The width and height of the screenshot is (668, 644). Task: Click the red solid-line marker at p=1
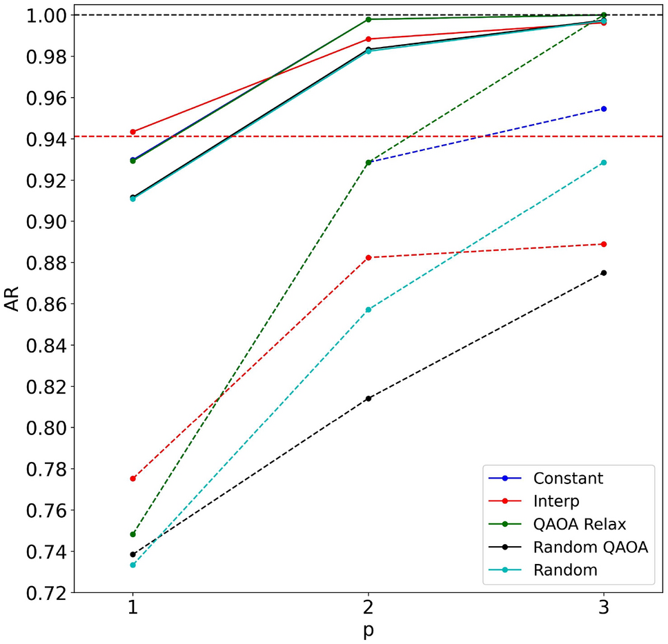pyautogui.click(x=132, y=132)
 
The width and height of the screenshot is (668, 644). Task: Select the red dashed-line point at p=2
pyautogui.click(x=369, y=257)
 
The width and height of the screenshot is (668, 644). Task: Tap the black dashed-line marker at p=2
pyautogui.click(x=369, y=399)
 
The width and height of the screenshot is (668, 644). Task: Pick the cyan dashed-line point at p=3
pyautogui.click(x=604, y=163)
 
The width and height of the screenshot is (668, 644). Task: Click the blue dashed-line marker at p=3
pyautogui.click(x=604, y=109)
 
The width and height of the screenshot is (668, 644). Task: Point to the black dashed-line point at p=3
pyautogui.click(x=604, y=273)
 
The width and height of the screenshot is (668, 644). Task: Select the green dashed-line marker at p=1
pyautogui.click(x=132, y=534)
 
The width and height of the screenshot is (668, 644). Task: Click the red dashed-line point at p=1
pyautogui.click(x=132, y=479)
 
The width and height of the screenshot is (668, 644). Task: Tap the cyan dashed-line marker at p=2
pyautogui.click(x=369, y=310)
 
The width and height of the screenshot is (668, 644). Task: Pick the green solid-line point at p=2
pyautogui.click(x=369, y=19)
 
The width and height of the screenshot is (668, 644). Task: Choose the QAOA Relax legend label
pyautogui.click(x=579, y=524)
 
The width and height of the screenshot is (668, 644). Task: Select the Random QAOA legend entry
pyautogui.click(x=590, y=547)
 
